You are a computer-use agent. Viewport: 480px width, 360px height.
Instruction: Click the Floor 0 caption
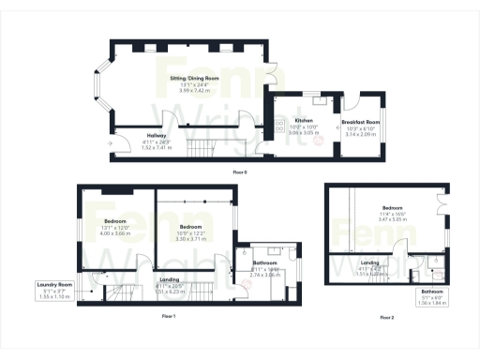(240, 173)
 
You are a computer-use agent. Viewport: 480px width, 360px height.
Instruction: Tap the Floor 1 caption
(168, 317)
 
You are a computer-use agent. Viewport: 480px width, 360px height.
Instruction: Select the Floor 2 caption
(386, 318)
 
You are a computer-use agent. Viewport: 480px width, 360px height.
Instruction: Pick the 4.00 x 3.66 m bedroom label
(114, 227)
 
